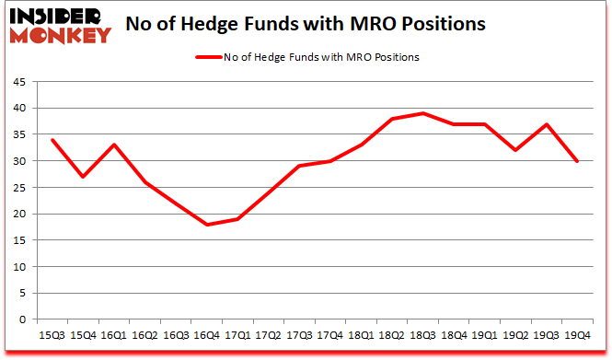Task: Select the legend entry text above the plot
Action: click(321, 57)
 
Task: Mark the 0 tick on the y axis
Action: click(21, 319)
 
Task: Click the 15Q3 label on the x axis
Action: click(52, 335)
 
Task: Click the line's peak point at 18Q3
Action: click(422, 113)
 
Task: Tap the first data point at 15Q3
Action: click(52, 140)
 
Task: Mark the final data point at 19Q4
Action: click(577, 161)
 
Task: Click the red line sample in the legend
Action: click(208, 57)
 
